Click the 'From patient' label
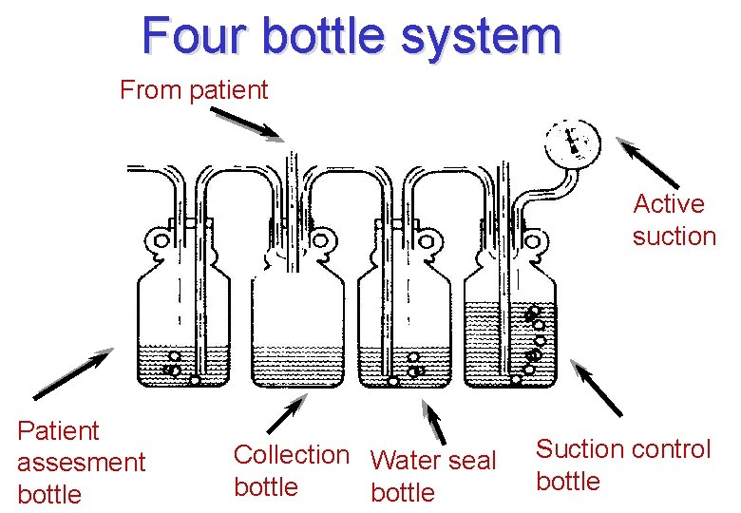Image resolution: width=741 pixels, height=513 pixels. (194, 90)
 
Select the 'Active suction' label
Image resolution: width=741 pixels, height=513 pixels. (674, 219)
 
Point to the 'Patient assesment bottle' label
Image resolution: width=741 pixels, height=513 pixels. (81, 463)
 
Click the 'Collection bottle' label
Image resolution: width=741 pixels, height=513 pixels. (291, 470)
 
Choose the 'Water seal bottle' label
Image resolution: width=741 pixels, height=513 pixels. (432, 476)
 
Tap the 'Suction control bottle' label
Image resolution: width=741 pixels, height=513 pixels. (622, 465)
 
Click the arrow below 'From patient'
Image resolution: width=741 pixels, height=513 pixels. (245, 124)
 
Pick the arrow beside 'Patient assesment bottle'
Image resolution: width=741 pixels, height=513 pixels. (72, 374)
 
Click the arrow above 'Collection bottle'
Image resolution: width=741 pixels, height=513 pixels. (285, 416)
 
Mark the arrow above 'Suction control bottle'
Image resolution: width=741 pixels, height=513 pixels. (599, 389)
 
